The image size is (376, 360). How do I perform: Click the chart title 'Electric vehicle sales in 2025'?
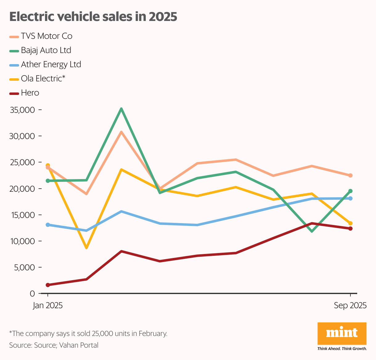pyautogui.click(x=93, y=17)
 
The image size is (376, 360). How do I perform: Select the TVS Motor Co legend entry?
pyautogui.click(x=47, y=36)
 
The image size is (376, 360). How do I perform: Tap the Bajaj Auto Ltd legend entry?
pyautogui.click(x=46, y=50)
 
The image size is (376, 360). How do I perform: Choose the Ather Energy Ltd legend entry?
pyautogui.click(x=51, y=64)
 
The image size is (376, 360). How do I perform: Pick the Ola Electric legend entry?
pyautogui.click(x=43, y=79)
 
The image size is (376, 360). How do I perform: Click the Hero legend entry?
pyautogui.click(x=30, y=93)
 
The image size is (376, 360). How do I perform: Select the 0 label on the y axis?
pyautogui.click(x=32, y=293)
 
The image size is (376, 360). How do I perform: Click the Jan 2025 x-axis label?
pyautogui.click(x=48, y=305)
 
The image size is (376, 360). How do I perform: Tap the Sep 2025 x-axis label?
pyautogui.click(x=350, y=305)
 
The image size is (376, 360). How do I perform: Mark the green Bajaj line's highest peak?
pyautogui.click(x=121, y=109)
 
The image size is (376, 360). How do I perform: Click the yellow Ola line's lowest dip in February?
pyautogui.click(x=87, y=247)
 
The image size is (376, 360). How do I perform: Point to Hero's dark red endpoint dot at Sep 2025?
pyautogui.click(x=350, y=228)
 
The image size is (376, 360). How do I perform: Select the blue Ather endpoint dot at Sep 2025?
pyautogui.click(x=350, y=198)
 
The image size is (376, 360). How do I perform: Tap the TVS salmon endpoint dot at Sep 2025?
pyautogui.click(x=350, y=175)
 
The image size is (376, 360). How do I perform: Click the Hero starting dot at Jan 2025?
pyautogui.click(x=48, y=285)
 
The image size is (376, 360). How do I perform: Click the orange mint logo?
pyautogui.click(x=342, y=333)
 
